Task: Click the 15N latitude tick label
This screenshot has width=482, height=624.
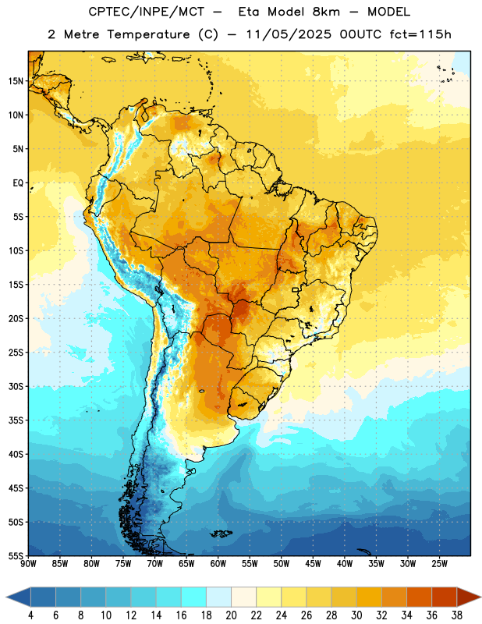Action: [x=16, y=81]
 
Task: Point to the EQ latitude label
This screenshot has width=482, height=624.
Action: [x=18, y=183]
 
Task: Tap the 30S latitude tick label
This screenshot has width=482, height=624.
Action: [x=16, y=386]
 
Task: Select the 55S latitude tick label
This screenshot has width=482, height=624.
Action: [x=16, y=556]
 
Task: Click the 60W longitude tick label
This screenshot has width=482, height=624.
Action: [x=218, y=564]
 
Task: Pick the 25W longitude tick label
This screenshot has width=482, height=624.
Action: [x=439, y=564]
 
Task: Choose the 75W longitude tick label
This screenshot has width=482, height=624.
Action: [x=123, y=564]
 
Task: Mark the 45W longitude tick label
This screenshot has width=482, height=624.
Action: [x=314, y=564]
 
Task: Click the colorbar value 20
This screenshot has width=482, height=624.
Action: [x=231, y=615]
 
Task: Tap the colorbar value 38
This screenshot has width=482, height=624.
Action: [x=456, y=615]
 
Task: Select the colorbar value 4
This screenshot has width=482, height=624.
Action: [x=30, y=615]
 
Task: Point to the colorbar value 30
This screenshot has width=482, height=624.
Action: [x=356, y=615]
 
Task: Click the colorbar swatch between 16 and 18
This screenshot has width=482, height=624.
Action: [x=194, y=597]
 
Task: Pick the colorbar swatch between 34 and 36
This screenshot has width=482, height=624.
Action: [x=419, y=597]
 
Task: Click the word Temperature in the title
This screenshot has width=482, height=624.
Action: [x=148, y=34]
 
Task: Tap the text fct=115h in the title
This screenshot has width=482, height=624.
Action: [x=420, y=34]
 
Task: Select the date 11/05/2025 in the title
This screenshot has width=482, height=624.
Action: [x=289, y=34]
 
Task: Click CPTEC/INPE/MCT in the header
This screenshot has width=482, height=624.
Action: [x=147, y=12]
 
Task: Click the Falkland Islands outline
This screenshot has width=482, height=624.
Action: [x=222, y=534]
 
